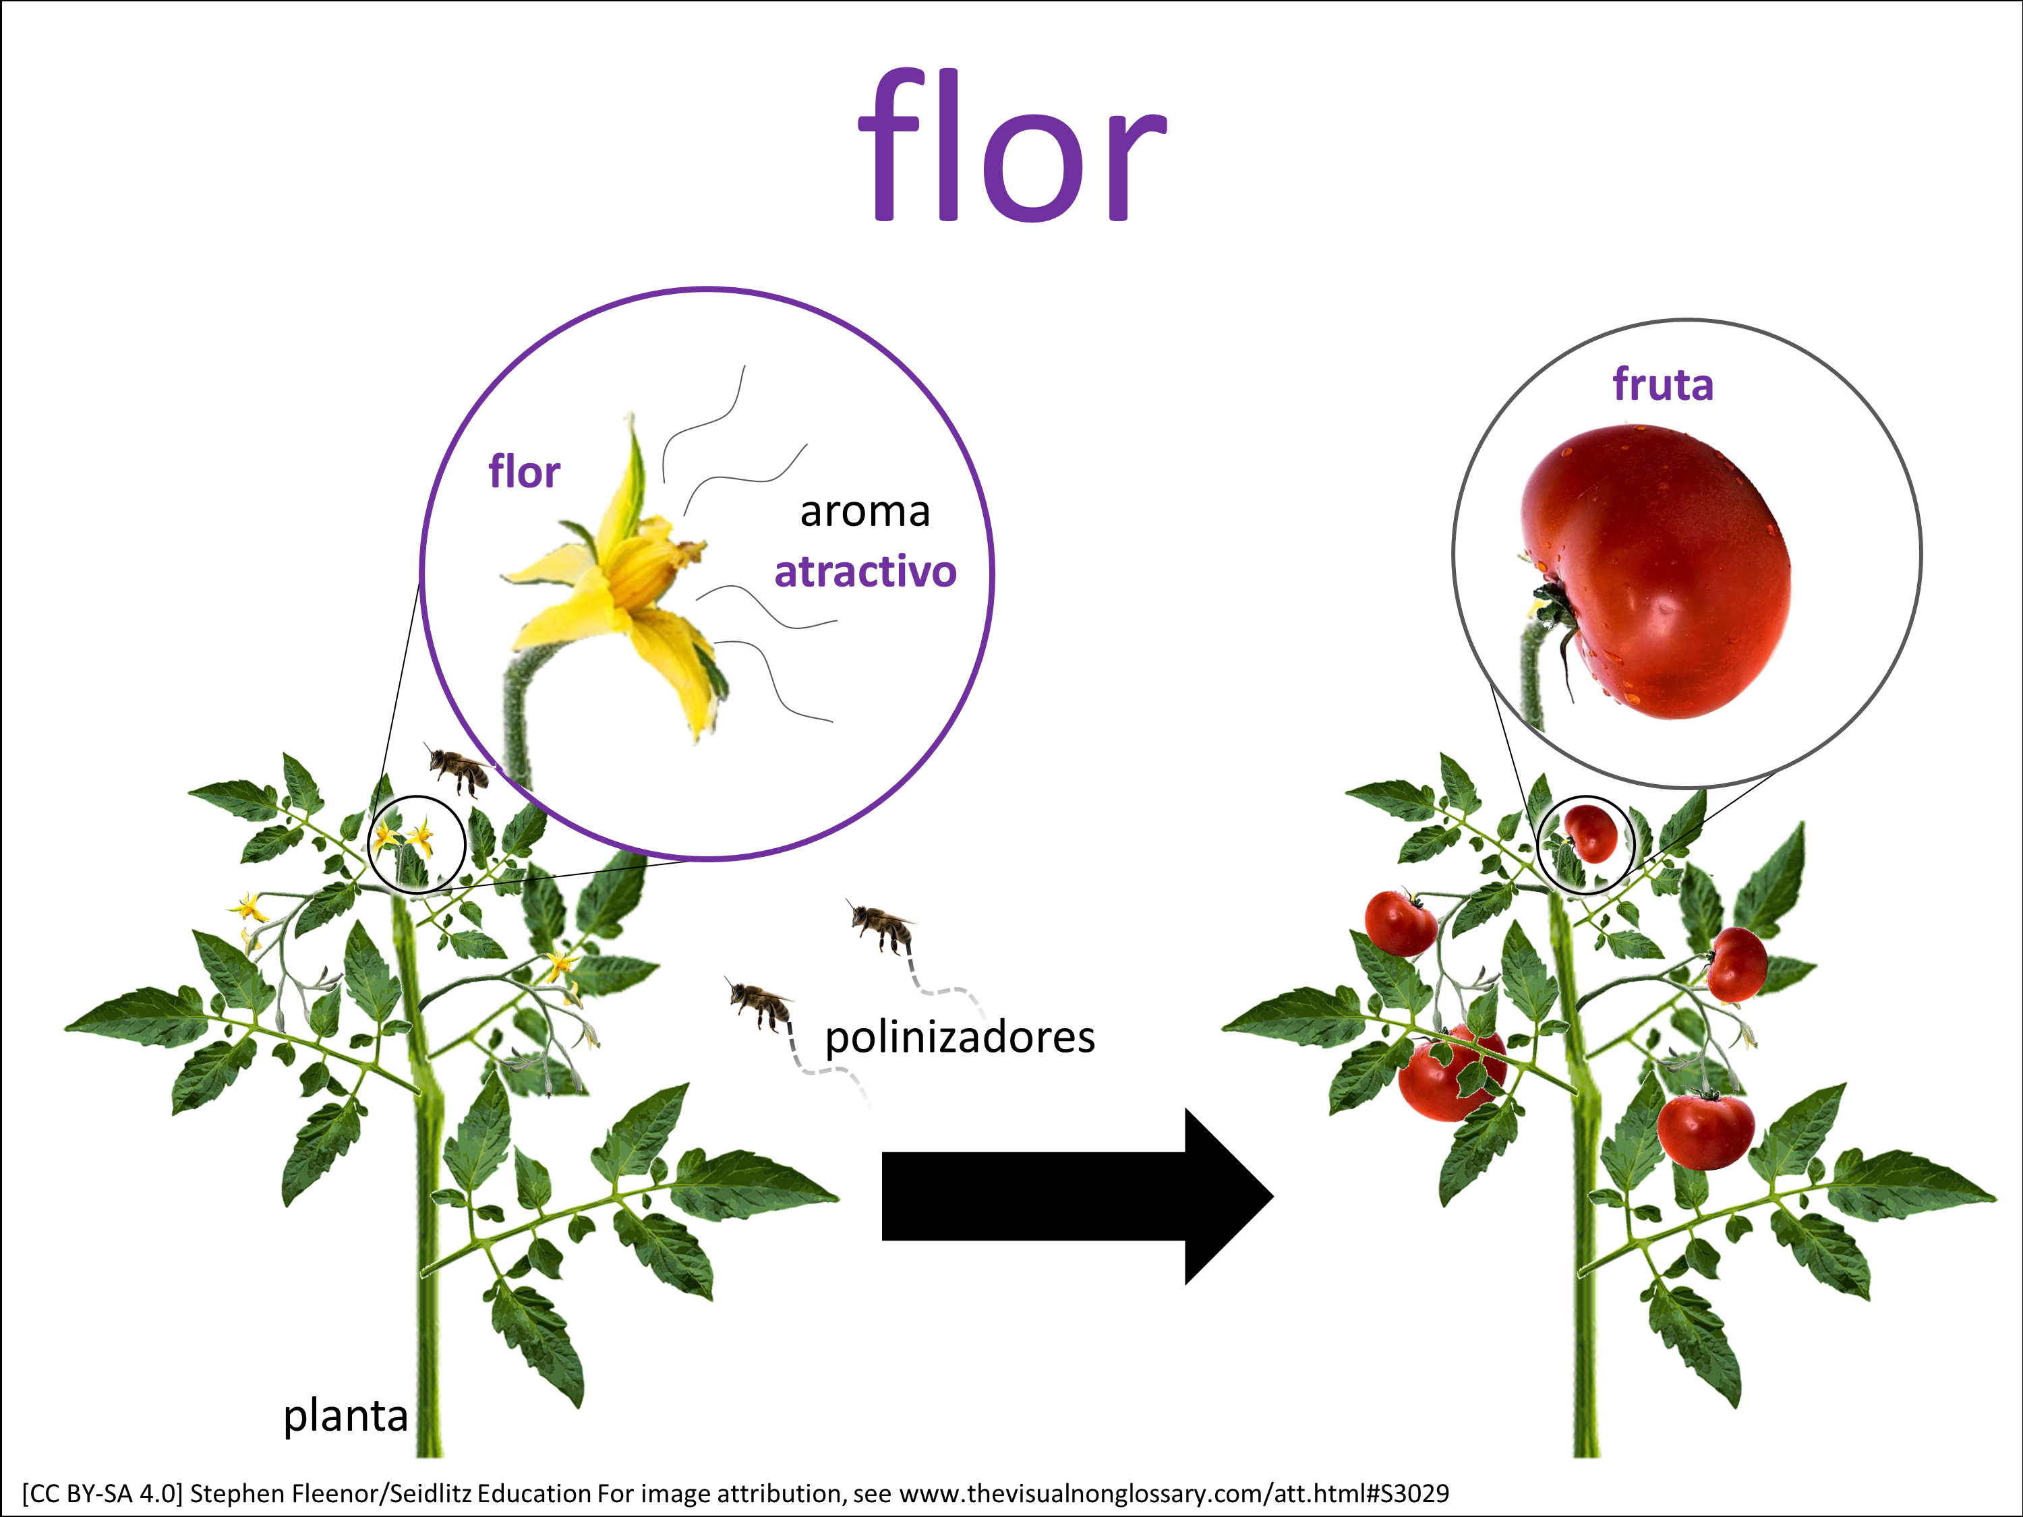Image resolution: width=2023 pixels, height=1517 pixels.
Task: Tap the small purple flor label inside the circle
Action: pos(524,472)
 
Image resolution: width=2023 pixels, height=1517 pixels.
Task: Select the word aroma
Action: pos(864,512)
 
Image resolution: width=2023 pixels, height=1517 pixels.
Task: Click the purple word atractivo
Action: pos(865,572)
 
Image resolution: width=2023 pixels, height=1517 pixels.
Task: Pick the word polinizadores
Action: pos(960,1038)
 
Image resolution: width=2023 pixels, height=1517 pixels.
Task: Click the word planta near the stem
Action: pos(345,1415)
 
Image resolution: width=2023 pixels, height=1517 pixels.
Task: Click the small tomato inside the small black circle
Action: pos(1591,832)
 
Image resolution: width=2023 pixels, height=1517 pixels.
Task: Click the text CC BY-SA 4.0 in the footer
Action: pos(102,1494)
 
